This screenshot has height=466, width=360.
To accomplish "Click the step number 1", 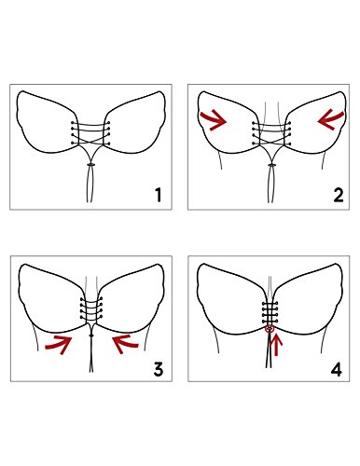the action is coord(159,195).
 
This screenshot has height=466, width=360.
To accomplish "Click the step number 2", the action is coord(339,195).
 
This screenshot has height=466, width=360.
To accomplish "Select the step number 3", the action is coord(159,369).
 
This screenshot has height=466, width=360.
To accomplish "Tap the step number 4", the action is coord(336,369).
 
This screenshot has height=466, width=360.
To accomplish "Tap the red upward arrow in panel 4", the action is coord(276,345).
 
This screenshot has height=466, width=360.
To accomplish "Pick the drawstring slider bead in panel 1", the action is coord(90,164).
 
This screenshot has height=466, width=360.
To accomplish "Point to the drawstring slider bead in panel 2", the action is coord(272,165).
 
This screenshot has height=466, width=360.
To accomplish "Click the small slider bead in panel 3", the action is coord(91,336).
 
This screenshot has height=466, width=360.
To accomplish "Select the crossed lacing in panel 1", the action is coord(90,133).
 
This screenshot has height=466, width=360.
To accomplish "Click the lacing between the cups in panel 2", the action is coord(271,134).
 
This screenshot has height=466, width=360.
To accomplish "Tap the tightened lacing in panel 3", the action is coord(91,308).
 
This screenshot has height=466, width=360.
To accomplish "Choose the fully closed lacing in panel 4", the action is coord(270,312).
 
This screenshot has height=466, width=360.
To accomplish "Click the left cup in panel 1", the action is coord(47,123).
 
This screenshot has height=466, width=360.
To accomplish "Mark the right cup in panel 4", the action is coord(308,300).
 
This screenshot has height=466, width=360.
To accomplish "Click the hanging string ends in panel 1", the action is coord(90,184).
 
